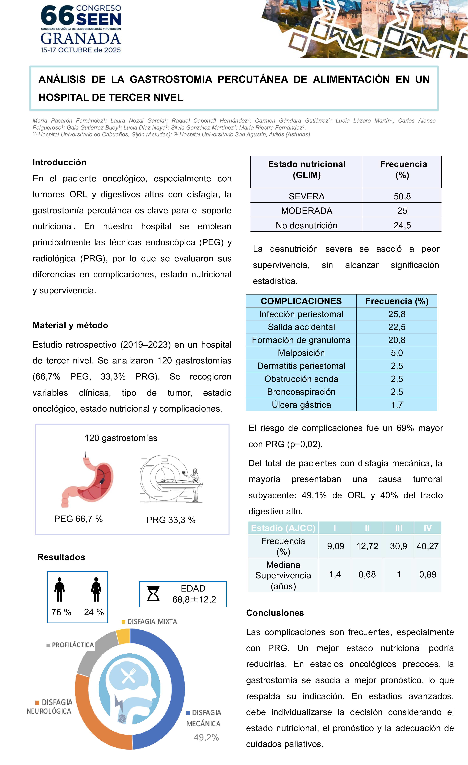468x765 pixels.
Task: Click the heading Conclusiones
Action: pos(275,613)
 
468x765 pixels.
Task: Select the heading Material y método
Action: pos(70,325)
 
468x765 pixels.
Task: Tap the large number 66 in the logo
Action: pos(57,16)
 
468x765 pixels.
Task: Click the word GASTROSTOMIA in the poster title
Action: pos(171,80)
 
